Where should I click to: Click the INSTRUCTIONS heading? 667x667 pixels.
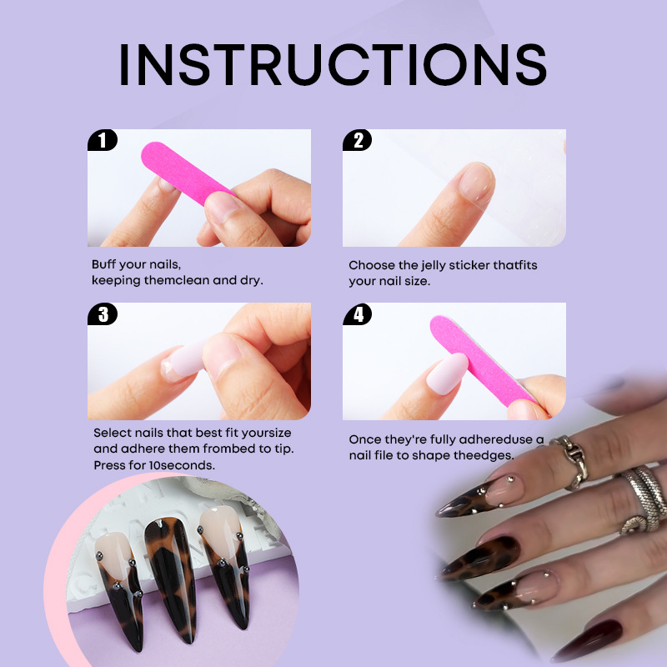tap(333, 64)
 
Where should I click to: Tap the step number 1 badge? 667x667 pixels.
tap(102, 140)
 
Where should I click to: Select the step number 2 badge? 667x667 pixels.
tap(358, 140)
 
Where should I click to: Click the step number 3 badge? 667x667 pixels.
tap(103, 314)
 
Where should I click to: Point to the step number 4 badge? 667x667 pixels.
tap(358, 314)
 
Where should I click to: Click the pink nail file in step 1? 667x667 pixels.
tap(186, 173)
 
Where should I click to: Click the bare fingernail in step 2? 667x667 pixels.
tap(477, 182)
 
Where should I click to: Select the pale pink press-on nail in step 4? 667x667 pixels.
tap(447, 374)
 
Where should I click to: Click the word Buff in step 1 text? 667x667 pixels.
tap(103, 264)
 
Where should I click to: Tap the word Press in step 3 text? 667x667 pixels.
tap(109, 465)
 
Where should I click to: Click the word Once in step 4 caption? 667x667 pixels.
tap(365, 439)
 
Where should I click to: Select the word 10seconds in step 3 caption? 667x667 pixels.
tap(182, 465)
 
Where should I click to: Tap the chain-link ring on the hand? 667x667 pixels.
tap(573, 462)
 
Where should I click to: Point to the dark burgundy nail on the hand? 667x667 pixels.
tap(589, 639)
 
